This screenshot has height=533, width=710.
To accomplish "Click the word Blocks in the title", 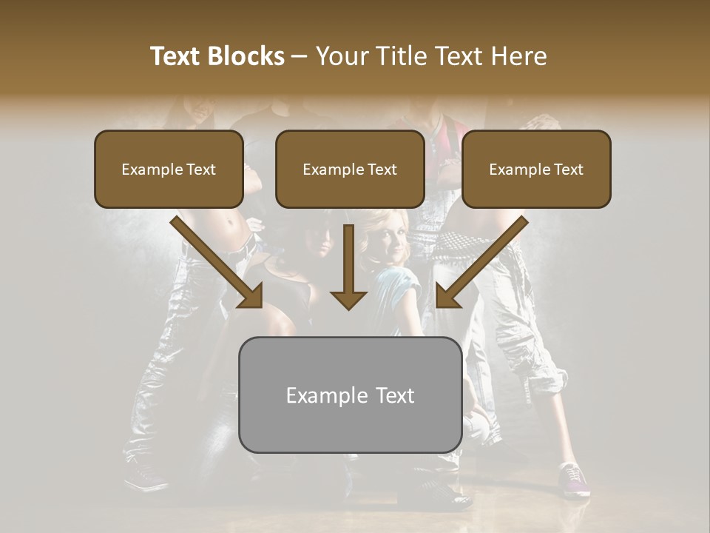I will click(246, 56).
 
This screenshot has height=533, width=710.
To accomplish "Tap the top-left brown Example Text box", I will click(169, 169).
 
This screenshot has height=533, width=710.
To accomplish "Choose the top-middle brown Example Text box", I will click(350, 169).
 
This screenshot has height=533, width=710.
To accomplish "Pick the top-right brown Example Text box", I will click(536, 169).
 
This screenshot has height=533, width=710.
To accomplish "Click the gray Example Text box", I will click(350, 395).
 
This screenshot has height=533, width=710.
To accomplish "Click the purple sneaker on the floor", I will click(575, 480).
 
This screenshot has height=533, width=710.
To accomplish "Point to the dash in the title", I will click(300, 57).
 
